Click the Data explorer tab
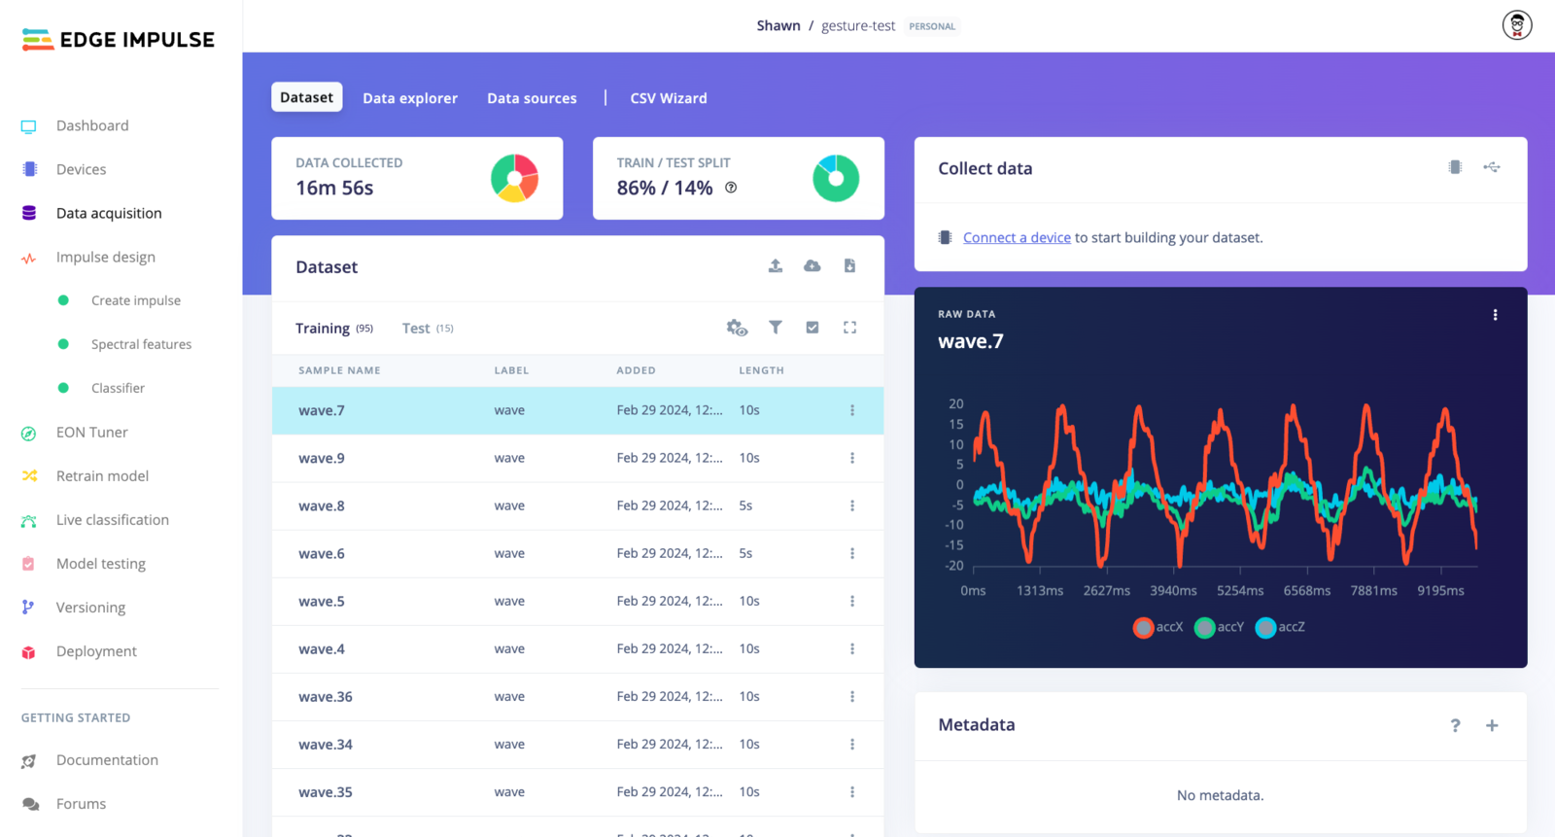point(409,98)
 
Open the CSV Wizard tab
point(668,98)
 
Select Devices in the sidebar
point(81,169)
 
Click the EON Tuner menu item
point(91,433)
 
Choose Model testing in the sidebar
point(100,564)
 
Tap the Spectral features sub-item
point(141,344)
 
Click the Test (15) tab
point(428,329)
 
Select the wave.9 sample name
point(322,458)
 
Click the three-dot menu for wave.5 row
point(852,601)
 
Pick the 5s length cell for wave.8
point(745,506)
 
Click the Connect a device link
point(1017,237)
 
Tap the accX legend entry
point(1158,627)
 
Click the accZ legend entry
point(1281,627)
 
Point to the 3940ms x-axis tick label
point(1173,591)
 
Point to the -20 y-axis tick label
point(954,566)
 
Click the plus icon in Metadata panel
point(1492,725)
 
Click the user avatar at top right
point(1516,25)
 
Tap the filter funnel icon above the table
point(776,328)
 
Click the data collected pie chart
point(514,178)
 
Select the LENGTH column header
point(761,370)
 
